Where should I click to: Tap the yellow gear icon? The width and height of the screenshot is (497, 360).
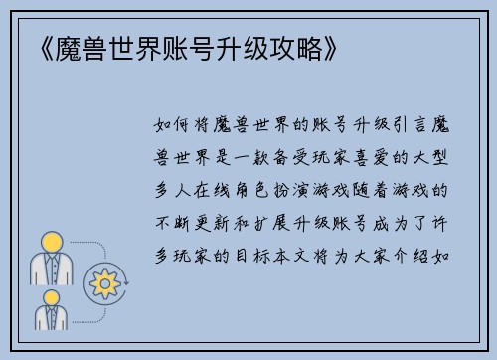pos(103,283)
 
